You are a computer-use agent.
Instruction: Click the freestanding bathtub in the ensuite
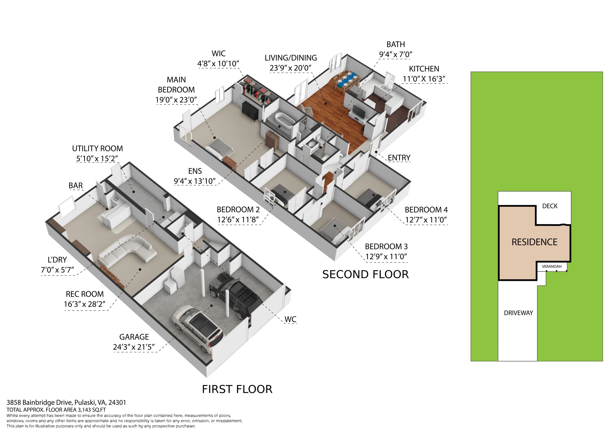tap(284, 123)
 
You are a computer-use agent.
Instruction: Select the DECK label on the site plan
tap(550, 206)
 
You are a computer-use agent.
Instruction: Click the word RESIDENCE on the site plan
tap(534, 242)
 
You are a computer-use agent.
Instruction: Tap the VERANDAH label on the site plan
tap(552, 266)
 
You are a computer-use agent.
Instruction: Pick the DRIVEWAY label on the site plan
tap(518, 313)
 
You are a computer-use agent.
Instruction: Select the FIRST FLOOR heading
tap(237, 389)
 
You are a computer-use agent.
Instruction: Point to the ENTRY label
tap(399, 158)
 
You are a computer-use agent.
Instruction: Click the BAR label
tap(76, 186)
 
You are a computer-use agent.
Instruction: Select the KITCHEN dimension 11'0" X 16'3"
tap(424, 79)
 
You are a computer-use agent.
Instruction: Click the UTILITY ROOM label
tap(97, 148)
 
